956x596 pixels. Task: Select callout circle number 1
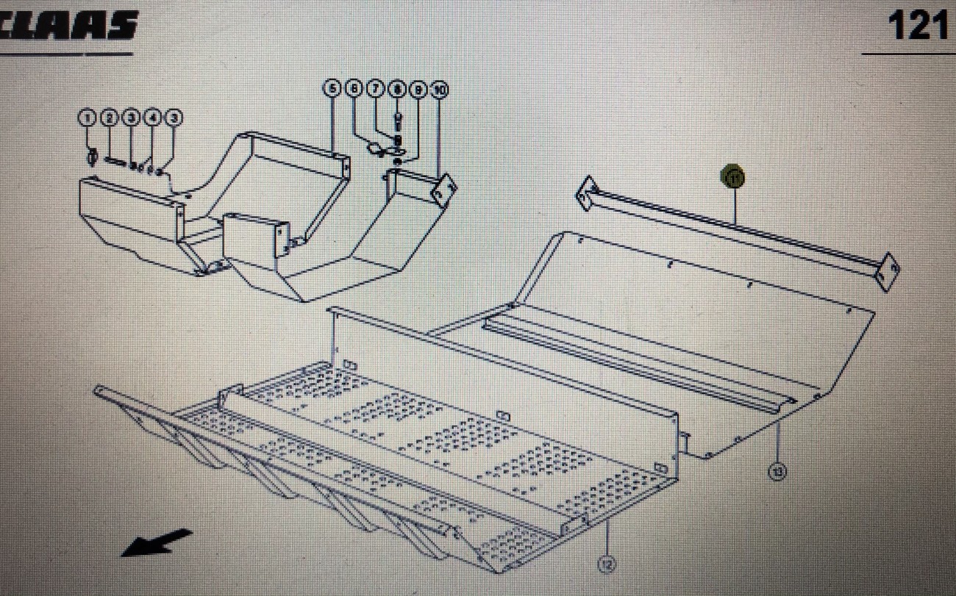click(88, 118)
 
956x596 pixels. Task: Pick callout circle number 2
click(110, 118)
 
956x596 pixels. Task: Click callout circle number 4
click(153, 118)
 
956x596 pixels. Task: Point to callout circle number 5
click(332, 90)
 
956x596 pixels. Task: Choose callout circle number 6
click(354, 90)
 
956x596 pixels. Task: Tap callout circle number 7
click(375, 90)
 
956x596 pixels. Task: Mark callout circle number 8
click(397, 90)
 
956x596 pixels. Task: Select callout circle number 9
click(418, 90)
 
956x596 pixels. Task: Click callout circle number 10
click(440, 90)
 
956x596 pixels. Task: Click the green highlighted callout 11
click(733, 176)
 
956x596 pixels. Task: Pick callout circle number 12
click(607, 564)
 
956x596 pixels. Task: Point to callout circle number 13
click(777, 470)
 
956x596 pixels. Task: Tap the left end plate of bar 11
click(586, 193)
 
